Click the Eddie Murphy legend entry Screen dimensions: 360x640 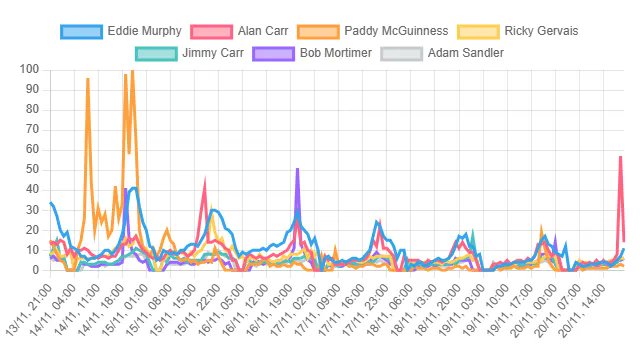(x=121, y=31)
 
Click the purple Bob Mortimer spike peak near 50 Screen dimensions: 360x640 (x=297, y=170)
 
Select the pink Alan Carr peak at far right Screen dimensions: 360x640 (x=620, y=157)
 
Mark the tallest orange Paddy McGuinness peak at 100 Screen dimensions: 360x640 (x=132, y=71)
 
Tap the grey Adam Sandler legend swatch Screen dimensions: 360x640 (x=400, y=52)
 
